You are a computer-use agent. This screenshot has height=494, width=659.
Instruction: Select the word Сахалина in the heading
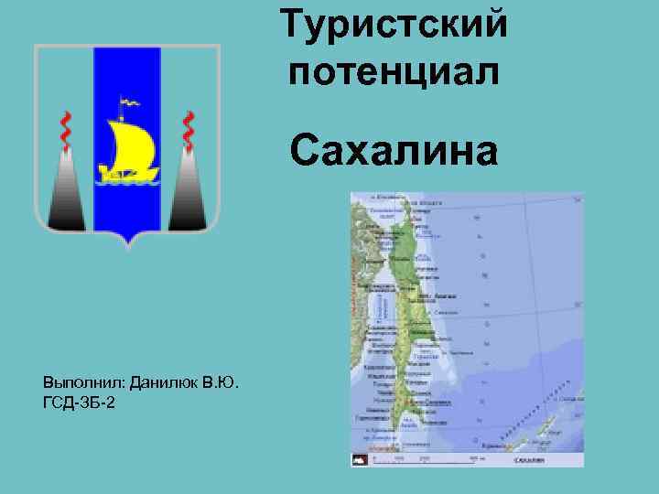tap(395, 150)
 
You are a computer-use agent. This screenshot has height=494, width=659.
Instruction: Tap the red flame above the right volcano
tap(189, 130)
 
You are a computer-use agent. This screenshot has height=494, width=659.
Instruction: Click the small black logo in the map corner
tap(360, 461)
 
